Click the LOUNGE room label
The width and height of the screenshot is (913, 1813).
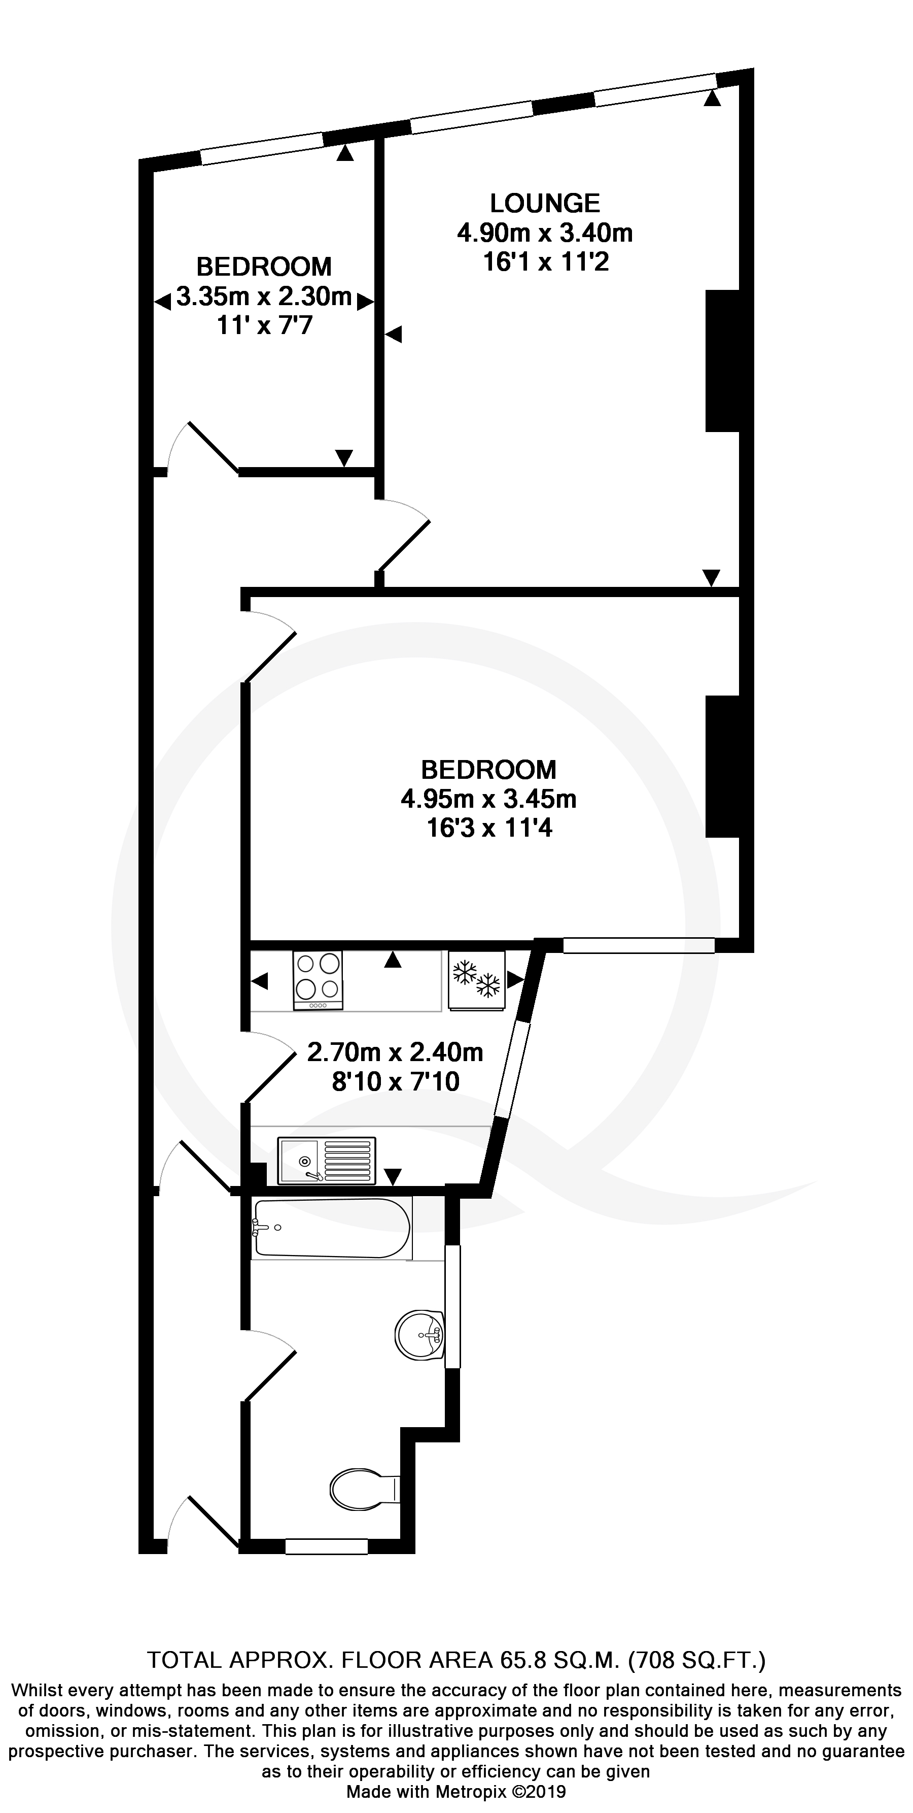click(x=545, y=204)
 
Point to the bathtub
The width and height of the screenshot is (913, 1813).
click(x=331, y=1228)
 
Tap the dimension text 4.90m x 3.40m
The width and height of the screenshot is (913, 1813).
click(x=545, y=233)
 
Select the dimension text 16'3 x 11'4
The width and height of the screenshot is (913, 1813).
click(x=489, y=829)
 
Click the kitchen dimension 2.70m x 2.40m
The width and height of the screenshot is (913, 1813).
click(x=395, y=1052)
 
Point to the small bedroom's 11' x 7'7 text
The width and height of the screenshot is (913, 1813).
click(x=264, y=326)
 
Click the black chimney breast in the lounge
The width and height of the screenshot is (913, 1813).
click(x=722, y=360)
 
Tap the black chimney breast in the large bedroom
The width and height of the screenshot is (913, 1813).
click(x=722, y=767)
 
